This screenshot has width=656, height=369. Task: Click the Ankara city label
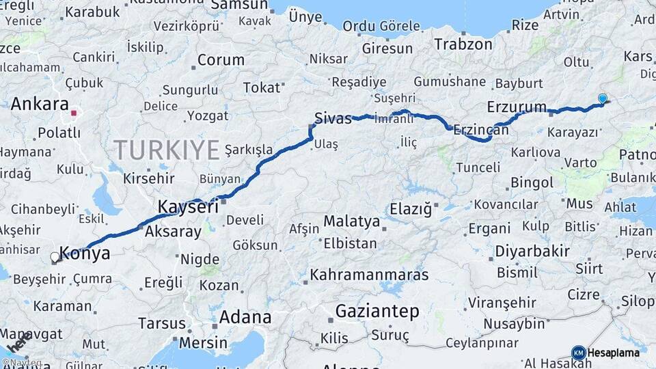click(x=39, y=105)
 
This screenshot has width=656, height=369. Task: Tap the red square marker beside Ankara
click(x=74, y=112)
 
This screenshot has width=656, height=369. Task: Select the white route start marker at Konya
click(x=55, y=258)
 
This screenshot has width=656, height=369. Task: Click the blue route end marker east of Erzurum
click(x=602, y=98)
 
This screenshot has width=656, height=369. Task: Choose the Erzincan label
click(x=481, y=129)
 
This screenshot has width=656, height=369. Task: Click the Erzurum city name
click(x=517, y=107)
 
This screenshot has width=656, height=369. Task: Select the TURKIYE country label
click(x=167, y=149)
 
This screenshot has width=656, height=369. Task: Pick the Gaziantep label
click(x=377, y=312)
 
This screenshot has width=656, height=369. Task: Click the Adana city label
click(x=245, y=317)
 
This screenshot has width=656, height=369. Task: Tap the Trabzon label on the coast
click(x=463, y=44)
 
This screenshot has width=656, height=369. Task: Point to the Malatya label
click(x=351, y=221)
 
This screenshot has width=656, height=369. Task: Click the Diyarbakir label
click(x=532, y=251)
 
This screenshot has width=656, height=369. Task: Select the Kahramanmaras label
click(x=369, y=275)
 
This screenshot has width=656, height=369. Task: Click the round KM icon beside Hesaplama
click(x=578, y=353)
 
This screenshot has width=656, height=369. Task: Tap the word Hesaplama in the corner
click(x=614, y=353)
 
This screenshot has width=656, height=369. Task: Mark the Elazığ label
click(x=411, y=208)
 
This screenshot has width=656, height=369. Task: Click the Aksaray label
click(x=173, y=232)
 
